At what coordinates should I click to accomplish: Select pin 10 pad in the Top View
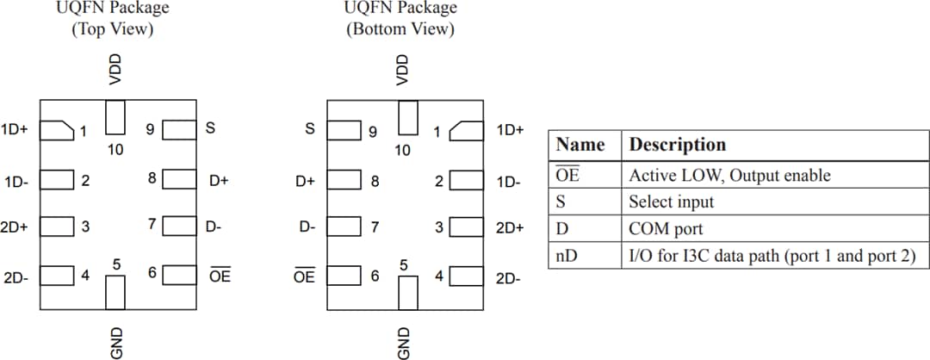point(115,118)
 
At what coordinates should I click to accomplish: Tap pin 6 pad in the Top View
point(179,276)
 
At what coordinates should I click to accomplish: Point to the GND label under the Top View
point(115,341)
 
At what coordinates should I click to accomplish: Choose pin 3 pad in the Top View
point(59,227)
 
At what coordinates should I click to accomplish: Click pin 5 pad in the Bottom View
point(409,292)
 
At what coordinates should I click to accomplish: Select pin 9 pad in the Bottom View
point(346,131)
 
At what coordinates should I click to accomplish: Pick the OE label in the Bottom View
point(304,276)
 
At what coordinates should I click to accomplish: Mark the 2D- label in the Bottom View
point(509,279)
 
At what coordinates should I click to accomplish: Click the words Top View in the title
point(113,28)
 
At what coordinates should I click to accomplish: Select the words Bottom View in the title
point(400,28)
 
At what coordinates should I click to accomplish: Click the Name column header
point(580,144)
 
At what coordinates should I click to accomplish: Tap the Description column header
point(677,144)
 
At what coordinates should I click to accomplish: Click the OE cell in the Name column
point(567,176)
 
